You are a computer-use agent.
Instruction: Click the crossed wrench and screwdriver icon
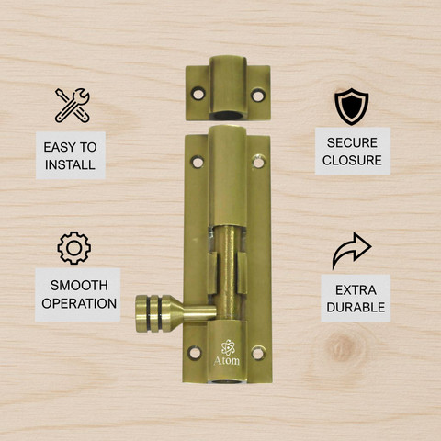[x=73, y=106]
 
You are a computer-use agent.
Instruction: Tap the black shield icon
[x=351, y=107]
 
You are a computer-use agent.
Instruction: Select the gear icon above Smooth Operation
[x=73, y=248]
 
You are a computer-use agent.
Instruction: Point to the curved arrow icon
[x=352, y=251]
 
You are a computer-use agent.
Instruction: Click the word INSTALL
[x=70, y=164]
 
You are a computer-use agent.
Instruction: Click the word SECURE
[x=352, y=142]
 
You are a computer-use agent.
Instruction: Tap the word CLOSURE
[x=352, y=160]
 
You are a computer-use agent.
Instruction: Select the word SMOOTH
[x=79, y=286]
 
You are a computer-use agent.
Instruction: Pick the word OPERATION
[x=79, y=303]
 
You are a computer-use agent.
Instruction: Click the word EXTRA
[x=356, y=290]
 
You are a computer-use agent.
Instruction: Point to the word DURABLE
[x=356, y=308]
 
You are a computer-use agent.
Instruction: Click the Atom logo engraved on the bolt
[x=227, y=353]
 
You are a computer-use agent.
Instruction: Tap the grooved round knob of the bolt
[x=153, y=313]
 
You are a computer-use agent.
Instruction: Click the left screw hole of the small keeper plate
[x=198, y=93]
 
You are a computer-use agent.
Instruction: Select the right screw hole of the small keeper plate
[x=258, y=96]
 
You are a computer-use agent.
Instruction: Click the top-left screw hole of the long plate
[x=198, y=162]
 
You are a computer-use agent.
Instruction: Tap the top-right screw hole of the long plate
[x=259, y=162]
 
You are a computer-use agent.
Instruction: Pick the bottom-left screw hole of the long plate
[x=195, y=353]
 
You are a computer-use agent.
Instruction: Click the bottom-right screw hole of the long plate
[x=258, y=353]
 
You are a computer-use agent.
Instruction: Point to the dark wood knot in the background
[x=341, y=347]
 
